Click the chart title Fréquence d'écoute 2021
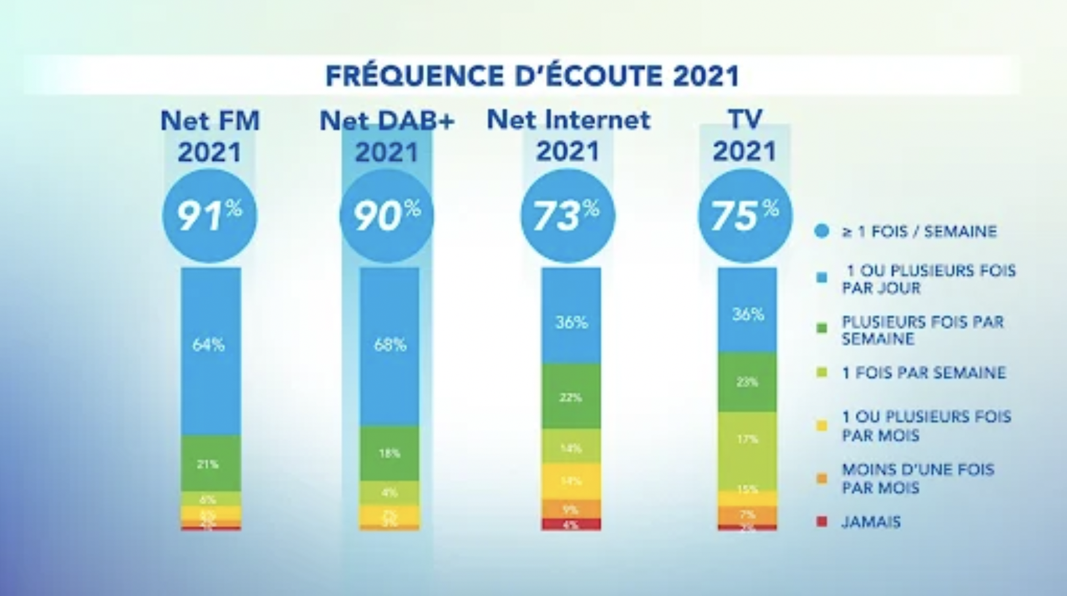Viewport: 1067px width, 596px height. pyautogui.click(x=532, y=76)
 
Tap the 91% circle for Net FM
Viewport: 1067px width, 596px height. pyautogui.click(x=210, y=216)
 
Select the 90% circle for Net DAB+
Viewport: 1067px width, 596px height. pyautogui.click(x=387, y=216)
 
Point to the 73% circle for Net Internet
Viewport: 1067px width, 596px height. pyautogui.click(x=567, y=216)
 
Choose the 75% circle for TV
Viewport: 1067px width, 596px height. pyautogui.click(x=745, y=216)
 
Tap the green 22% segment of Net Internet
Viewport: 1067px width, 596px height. pyautogui.click(x=571, y=397)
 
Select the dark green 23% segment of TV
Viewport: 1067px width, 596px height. pyautogui.click(x=747, y=383)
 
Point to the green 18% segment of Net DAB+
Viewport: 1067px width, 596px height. pyautogui.click(x=389, y=453)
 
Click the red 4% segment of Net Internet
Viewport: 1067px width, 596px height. pyautogui.click(x=571, y=524)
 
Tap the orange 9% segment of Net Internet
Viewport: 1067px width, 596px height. pyautogui.click(x=571, y=509)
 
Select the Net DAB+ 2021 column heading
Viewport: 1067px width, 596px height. pyautogui.click(x=387, y=136)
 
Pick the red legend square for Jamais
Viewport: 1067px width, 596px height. pyautogui.click(x=822, y=522)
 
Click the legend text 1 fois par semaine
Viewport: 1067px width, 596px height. pyautogui.click(x=924, y=373)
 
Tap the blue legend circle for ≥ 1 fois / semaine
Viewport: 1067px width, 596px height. pyautogui.click(x=822, y=231)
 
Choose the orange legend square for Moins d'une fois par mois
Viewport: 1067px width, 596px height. pyautogui.click(x=822, y=478)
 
